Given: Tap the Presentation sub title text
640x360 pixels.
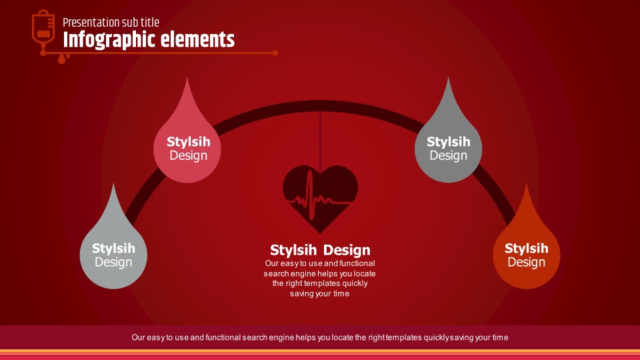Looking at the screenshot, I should click(x=111, y=23).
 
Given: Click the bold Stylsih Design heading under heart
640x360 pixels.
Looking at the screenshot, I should click(x=320, y=250).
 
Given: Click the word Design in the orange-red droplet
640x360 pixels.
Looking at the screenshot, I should click(x=526, y=262).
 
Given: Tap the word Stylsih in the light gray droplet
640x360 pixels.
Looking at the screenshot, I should click(x=113, y=249).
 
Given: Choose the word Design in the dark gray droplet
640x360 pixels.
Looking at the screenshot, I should click(x=448, y=155).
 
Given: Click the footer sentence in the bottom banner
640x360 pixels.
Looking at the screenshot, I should click(x=320, y=337).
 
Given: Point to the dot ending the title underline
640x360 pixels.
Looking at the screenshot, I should click(x=275, y=53).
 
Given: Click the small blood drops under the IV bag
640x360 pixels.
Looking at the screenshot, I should click(x=63, y=59).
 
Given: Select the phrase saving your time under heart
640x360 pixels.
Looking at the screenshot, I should click(x=320, y=294).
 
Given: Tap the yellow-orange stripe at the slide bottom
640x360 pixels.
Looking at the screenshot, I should click(x=320, y=351).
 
